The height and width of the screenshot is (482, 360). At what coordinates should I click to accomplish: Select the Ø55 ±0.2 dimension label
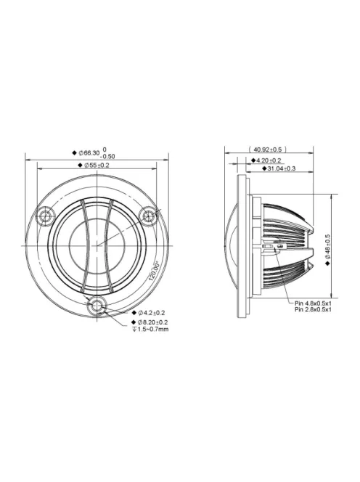pyautogui.click(x=96, y=166)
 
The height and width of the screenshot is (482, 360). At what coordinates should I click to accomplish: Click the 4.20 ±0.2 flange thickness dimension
pyautogui.click(x=269, y=160)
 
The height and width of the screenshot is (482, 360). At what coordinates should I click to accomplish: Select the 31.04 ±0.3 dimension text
pyautogui.click(x=281, y=168)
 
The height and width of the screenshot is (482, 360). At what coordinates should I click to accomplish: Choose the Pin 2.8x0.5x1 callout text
pyautogui.click(x=313, y=310)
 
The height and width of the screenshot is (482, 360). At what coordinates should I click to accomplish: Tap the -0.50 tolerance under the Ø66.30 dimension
pyautogui.click(x=107, y=157)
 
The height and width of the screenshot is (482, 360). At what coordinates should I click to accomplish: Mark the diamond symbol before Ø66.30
pyautogui.click(x=74, y=153)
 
